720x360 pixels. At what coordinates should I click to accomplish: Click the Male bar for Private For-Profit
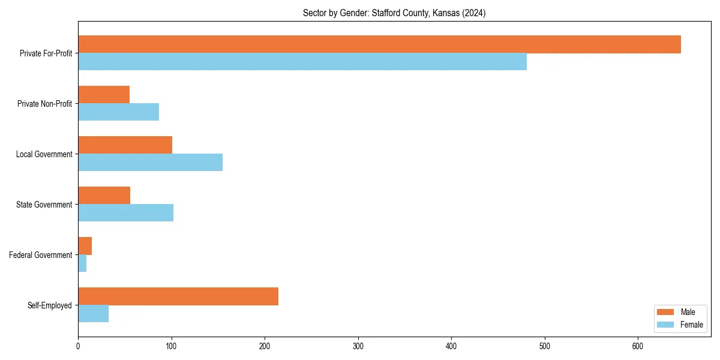click(379, 44)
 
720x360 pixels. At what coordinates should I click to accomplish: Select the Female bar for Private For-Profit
click(302, 62)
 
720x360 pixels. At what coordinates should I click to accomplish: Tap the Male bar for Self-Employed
click(178, 296)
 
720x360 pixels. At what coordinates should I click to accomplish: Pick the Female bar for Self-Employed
click(93, 314)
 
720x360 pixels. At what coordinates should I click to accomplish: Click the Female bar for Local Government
click(150, 163)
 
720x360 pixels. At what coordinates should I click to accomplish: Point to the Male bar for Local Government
click(125, 145)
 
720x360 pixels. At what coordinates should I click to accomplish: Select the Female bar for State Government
click(125, 213)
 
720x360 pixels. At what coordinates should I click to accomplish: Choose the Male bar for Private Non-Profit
click(104, 95)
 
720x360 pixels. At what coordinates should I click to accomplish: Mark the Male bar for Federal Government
click(85, 246)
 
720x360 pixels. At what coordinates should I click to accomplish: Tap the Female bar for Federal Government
click(82, 263)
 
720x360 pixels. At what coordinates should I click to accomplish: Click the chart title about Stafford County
click(394, 13)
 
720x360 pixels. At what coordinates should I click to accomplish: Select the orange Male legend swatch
click(665, 312)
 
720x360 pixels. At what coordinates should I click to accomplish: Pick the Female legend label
click(691, 325)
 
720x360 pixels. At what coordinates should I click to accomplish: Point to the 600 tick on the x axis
click(638, 346)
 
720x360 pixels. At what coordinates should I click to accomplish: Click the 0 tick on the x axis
click(78, 346)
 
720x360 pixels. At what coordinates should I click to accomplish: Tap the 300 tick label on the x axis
click(358, 346)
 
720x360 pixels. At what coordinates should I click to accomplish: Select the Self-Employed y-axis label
click(50, 305)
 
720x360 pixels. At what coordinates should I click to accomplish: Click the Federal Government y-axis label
click(41, 255)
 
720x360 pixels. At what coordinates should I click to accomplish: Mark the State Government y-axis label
click(44, 205)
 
